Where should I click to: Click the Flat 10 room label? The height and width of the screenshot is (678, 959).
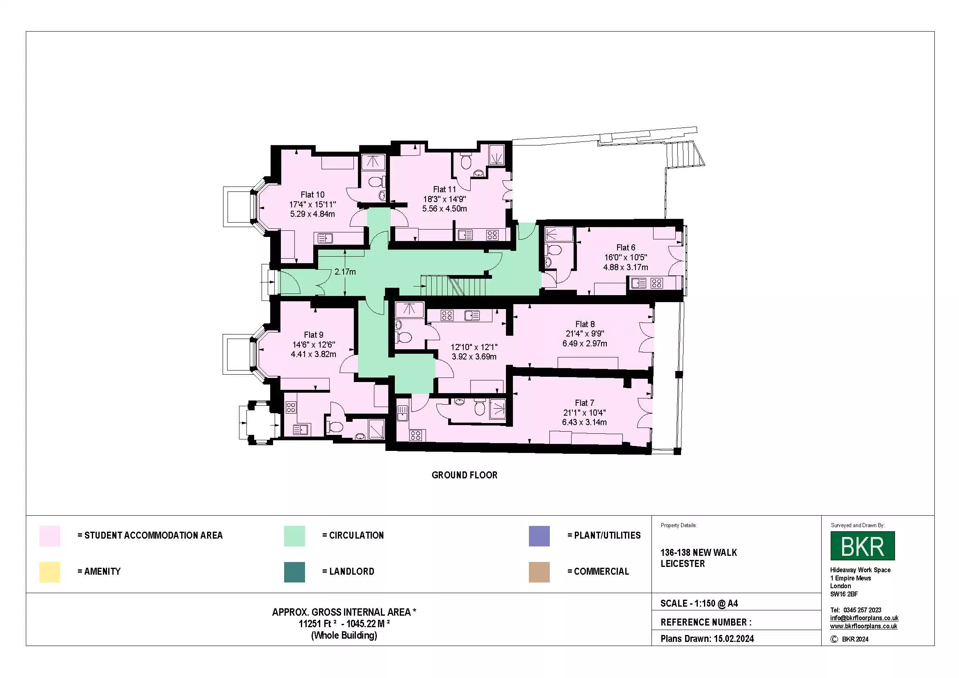(312, 195)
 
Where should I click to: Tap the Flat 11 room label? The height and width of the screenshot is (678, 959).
(444, 189)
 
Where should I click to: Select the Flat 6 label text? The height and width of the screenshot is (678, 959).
(626, 248)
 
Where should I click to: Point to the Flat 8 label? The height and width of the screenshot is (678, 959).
(585, 324)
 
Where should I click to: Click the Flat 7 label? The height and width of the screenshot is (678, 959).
(584, 403)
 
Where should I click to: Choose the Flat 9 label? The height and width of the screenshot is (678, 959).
(313, 335)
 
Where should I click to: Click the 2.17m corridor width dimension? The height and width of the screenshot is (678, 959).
(345, 272)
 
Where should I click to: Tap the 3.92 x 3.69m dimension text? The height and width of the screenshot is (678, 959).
(474, 357)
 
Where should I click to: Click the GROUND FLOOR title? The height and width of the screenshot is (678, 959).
(465, 475)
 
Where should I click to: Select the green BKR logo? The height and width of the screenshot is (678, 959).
(863, 546)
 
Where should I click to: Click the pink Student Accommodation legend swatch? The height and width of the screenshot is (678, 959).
(50, 536)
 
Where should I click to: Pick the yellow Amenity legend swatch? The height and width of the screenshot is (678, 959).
(50, 572)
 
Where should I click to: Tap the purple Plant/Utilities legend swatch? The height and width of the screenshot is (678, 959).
(539, 536)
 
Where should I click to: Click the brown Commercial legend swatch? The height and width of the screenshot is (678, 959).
(539, 572)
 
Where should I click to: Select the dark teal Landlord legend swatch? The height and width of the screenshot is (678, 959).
(294, 572)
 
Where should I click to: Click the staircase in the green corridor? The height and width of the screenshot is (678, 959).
(453, 286)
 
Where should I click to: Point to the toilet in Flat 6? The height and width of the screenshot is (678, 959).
(554, 250)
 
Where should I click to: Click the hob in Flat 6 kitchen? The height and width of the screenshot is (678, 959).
(656, 284)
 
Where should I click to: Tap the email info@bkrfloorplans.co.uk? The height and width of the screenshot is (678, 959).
(864, 618)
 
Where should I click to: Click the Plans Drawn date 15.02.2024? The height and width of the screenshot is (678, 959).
(733, 638)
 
